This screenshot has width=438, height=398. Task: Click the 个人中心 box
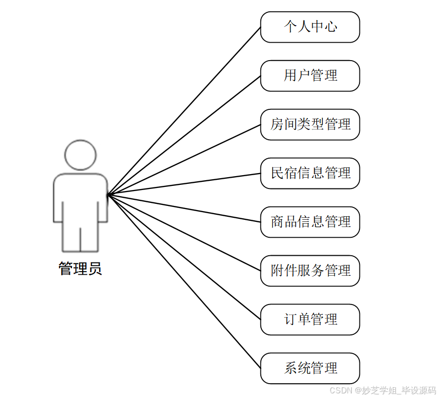(x=310, y=27)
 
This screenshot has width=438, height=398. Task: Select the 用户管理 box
(x=310, y=76)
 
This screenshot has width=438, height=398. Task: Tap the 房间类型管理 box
(x=310, y=124)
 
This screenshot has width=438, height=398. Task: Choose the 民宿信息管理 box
(x=310, y=173)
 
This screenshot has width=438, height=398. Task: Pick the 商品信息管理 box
(x=310, y=222)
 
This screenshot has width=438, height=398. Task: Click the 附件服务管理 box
(x=310, y=271)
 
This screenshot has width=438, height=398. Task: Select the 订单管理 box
(x=310, y=319)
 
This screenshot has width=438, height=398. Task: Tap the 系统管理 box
(x=310, y=368)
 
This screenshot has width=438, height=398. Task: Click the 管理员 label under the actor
(x=80, y=269)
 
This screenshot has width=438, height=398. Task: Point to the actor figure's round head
(x=80, y=155)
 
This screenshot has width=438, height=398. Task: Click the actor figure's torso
(x=80, y=198)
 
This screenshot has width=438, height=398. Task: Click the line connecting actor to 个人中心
(x=184, y=111)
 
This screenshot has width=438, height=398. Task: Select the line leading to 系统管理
(x=184, y=281)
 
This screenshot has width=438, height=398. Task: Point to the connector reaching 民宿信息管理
(x=184, y=184)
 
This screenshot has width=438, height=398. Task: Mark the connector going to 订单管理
(x=184, y=257)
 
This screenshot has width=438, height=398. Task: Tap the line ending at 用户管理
(x=184, y=136)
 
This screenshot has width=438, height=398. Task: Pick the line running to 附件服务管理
(x=184, y=233)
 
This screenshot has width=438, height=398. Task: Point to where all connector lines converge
(x=108, y=195)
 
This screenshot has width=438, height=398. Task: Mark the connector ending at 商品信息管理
(x=184, y=208)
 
